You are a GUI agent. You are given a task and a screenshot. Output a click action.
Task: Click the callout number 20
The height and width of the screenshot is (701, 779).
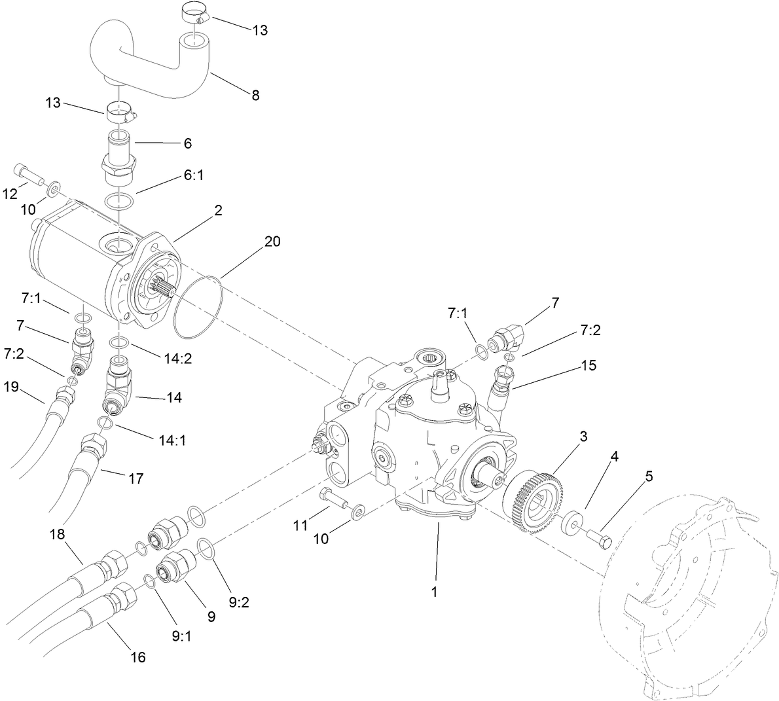272,242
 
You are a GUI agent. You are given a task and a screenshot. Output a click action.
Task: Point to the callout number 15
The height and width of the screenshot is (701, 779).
589,365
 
